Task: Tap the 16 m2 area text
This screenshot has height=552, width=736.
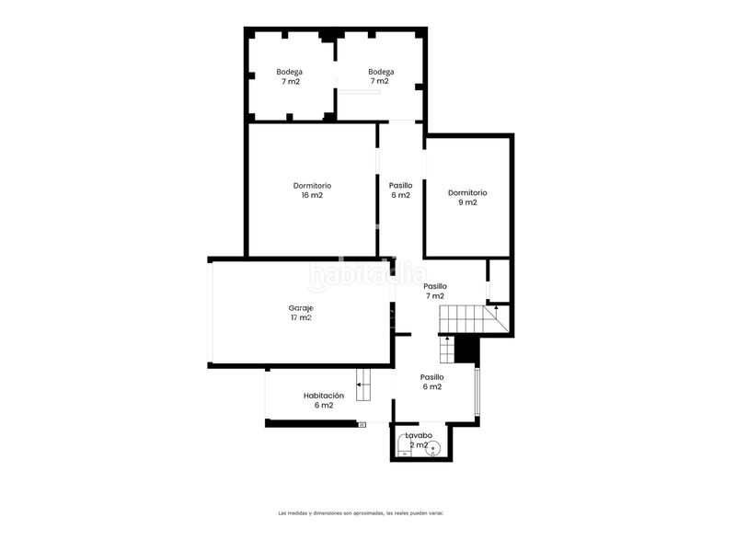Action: (312, 195)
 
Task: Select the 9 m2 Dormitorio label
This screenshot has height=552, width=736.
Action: (467, 198)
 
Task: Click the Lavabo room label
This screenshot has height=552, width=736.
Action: (419, 435)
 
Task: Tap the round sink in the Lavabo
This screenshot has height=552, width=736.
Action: (432, 448)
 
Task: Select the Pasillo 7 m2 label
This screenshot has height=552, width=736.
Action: (435, 291)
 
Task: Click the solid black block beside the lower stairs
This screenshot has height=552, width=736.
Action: (466, 351)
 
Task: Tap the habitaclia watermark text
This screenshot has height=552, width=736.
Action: (367, 276)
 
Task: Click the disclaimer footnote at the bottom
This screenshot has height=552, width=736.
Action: (361, 513)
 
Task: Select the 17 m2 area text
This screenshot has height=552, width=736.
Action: (302, 317)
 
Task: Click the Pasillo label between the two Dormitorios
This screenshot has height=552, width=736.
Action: (401, 186)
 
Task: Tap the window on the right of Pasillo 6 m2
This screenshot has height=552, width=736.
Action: (477, 392)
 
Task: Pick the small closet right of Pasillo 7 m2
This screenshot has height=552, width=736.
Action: (499, 281)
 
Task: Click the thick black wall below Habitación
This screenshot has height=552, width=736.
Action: (311, 423)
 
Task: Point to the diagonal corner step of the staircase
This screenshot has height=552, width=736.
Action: (497, 318)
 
